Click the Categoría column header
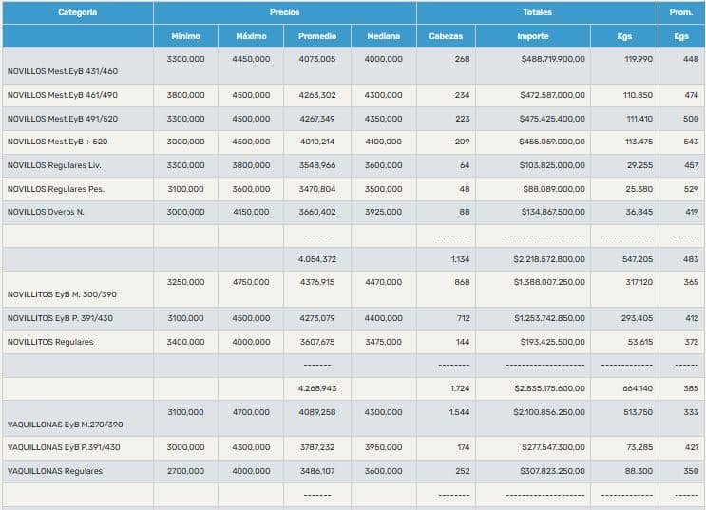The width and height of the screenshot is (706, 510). tap(77, 12)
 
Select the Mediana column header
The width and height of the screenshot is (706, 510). tap(383, 36)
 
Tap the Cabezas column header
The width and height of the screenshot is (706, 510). tap(446, 36)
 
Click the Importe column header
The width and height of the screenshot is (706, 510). tap(532, 36)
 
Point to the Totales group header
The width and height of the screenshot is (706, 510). tap(537, 12)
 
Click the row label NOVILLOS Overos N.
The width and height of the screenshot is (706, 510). tap(46, 212)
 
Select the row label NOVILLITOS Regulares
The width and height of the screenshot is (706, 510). tap(50, 342)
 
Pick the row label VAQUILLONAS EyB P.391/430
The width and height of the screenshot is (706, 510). tap(63, 447)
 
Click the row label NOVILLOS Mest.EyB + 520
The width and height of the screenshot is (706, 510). tap(57, 142)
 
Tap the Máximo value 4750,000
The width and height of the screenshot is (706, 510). tap(251, 282)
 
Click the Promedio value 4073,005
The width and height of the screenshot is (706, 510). tap(316, 59)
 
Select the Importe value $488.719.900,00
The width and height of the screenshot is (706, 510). tap(553, 59)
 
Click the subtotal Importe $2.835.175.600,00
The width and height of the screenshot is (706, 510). tap(549, 388)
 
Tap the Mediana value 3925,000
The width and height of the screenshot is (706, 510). tap(383, 212)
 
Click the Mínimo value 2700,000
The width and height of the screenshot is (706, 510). tap(185, 471)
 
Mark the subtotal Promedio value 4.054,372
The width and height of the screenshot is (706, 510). tap(316, 259)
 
